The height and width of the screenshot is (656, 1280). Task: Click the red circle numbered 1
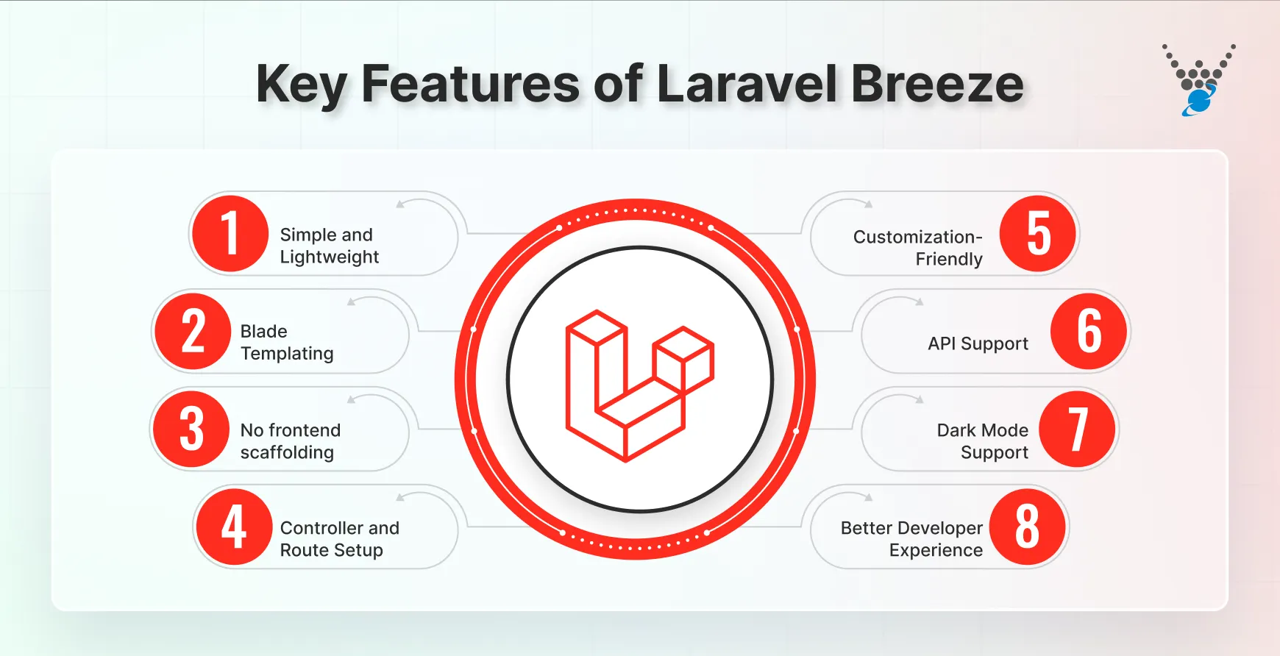230,234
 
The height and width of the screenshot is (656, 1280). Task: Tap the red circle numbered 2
193,331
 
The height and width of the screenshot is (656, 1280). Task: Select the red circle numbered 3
191,429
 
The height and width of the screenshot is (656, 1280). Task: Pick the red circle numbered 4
234,527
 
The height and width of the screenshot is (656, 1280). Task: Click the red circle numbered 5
1038,234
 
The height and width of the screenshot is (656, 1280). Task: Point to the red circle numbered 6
1089,331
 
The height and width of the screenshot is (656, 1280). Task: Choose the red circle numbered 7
1078,429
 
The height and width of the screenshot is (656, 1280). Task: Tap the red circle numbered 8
1027,527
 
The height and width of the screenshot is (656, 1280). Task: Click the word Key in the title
301,85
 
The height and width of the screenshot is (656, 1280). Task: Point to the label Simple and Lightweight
329,246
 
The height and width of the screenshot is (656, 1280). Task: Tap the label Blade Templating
286,343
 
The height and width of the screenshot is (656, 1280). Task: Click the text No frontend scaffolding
290,441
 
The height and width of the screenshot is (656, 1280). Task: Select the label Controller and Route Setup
339,539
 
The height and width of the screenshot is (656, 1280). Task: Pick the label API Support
978,343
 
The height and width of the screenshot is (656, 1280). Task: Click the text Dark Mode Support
983,441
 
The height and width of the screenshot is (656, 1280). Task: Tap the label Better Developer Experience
911,539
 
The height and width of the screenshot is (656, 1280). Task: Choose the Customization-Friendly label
918,248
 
